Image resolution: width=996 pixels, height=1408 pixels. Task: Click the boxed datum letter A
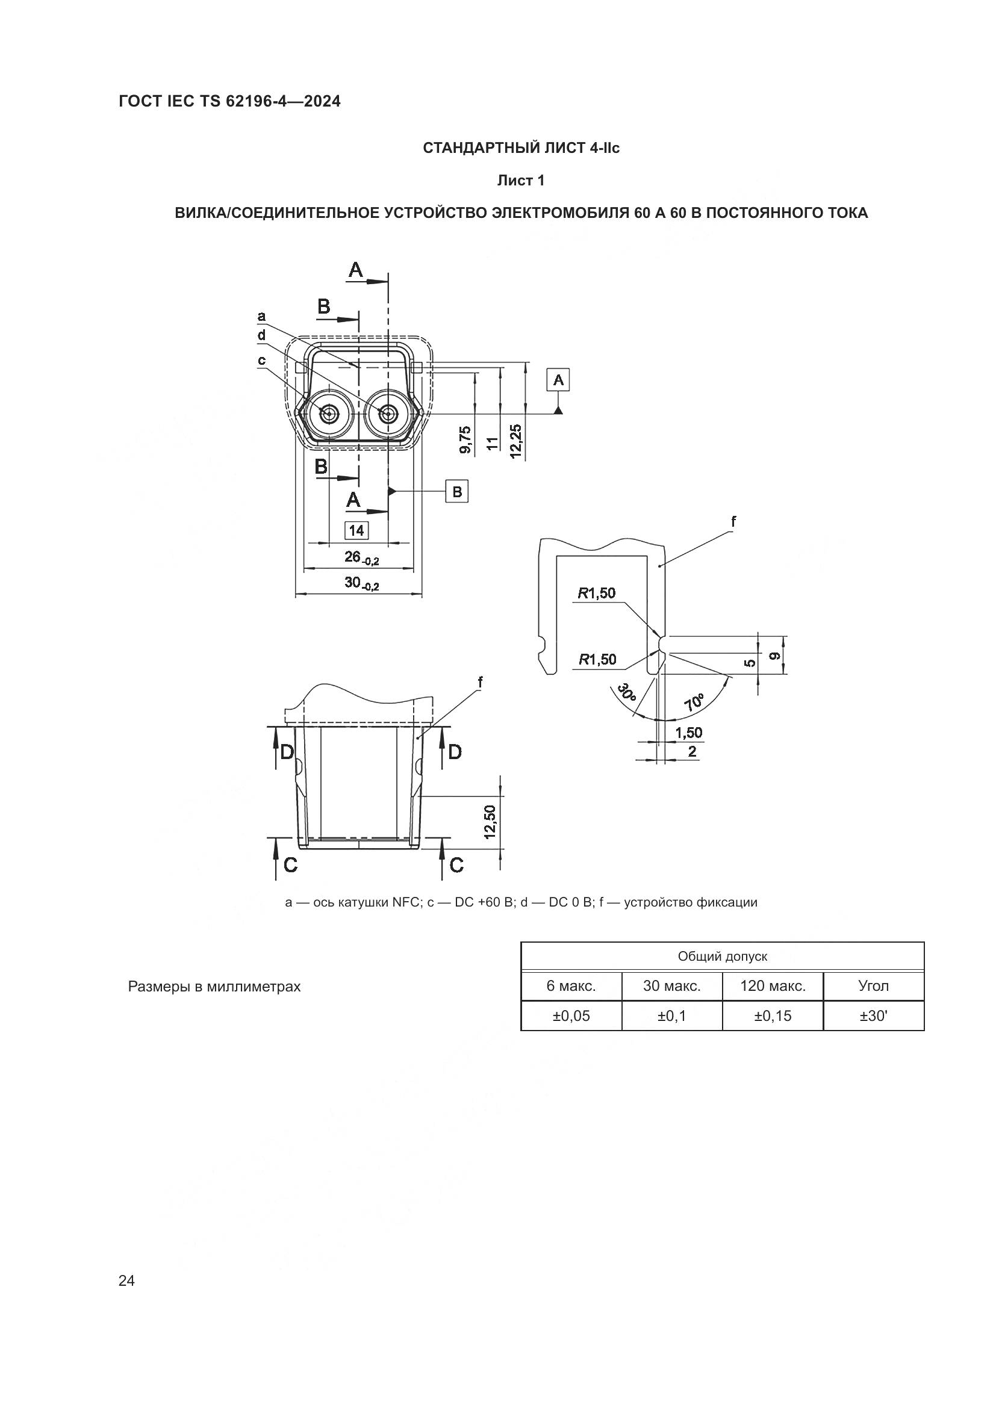point(558,380)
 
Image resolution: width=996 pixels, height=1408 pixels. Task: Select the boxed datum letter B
point(457,491)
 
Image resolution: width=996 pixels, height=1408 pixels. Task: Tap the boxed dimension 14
point(356,530)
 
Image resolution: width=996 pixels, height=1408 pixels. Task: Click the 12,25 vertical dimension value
point(515,441)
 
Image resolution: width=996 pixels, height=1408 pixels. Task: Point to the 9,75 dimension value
point(465,440)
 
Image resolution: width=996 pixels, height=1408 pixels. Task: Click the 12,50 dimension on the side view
point(490,822)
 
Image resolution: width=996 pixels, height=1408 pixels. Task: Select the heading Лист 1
point(521,181)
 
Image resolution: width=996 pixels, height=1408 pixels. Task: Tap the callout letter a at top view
point(261,317)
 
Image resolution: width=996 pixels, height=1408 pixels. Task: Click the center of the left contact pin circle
point(329,414)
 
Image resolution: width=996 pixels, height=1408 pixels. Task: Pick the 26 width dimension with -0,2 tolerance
point(362,557)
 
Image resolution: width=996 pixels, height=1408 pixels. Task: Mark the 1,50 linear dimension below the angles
point(689,733)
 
